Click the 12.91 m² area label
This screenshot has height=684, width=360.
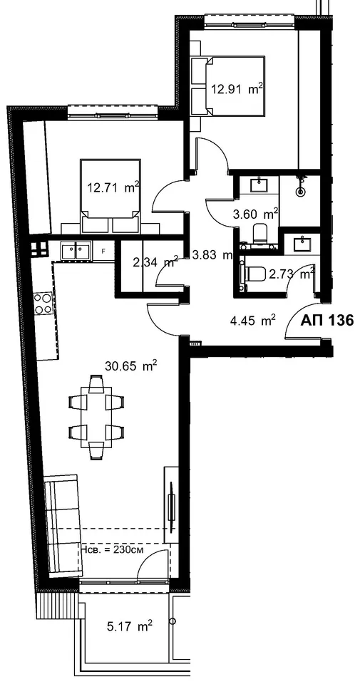pyautogui.click(x=237, y=90)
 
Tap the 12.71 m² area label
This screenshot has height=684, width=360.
pyautogui.click(x=113, y=188)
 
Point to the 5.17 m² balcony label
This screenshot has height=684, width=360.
pyautogui.click(x=129, y=627)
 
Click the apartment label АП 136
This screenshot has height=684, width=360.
pyautogui.click(x=326, y=321)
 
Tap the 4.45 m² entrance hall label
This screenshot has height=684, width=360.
pyautogui.click(x=252, y=321)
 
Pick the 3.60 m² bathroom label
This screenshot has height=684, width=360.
pyautogui.click(x=256, y=214)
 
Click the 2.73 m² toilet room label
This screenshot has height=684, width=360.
pyautogui.click(x=292, y=274)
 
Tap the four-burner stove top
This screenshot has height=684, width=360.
pyautogui.click(x=43, y=303)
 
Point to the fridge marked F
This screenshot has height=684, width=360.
pyautogui.click(x=103, y=252)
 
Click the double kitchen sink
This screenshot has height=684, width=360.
pyautogui.click(x=76, y=252)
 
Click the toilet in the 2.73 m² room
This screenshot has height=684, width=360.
pyautogui.click(x=255, y=274)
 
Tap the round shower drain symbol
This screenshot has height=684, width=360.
pyautogui.click(x=301, y=190)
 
